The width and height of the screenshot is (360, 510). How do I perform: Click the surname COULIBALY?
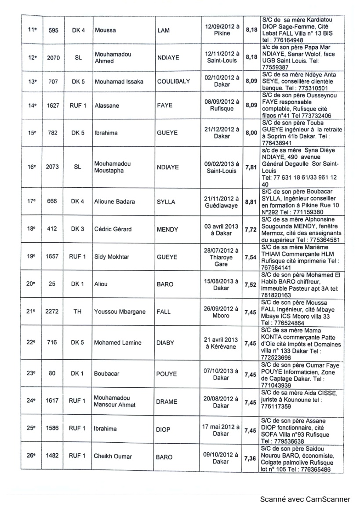click(173, 81)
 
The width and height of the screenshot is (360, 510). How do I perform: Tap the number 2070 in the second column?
click(52, 57)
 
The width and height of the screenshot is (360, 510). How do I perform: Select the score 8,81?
click(251, 202)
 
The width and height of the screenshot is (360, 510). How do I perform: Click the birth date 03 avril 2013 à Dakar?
click(222, 229)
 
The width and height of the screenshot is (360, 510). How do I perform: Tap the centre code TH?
click(77, 312)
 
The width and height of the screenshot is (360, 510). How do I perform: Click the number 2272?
click(52, 312)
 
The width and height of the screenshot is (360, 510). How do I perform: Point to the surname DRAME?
click(167, 401)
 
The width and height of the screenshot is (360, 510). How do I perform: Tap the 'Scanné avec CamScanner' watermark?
click(305, 499)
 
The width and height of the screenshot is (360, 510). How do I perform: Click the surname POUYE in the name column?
click(167, 374)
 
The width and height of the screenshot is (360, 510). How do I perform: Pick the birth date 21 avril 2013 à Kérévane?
click(222, 343)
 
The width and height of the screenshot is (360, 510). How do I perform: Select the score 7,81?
click(251, 167)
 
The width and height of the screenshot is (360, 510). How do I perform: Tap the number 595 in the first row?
click(52, 30)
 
